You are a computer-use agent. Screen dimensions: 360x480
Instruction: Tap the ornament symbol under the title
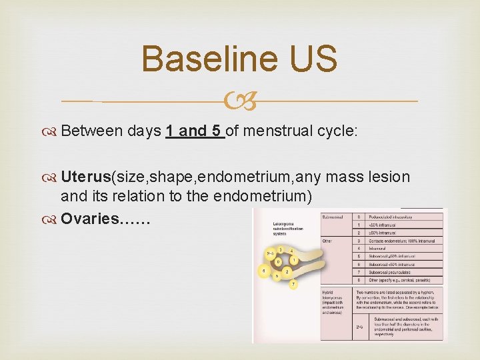[x=240, y=101]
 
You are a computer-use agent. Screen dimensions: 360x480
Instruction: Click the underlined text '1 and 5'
[x=194, y=131]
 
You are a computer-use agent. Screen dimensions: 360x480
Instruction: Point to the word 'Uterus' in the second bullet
[x=85, y=177]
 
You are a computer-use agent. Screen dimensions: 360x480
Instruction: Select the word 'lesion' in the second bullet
[x=391, y=177]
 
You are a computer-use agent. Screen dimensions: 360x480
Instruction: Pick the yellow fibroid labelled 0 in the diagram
[x=278, y=261]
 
